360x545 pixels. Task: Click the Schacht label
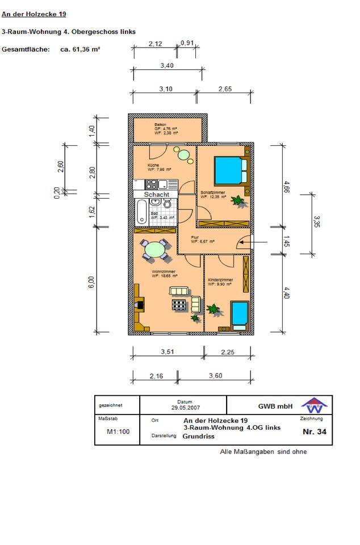(157, 194)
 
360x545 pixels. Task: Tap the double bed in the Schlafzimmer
(231, 169)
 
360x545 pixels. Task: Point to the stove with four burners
(151, 184)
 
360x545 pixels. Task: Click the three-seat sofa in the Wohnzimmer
(179, 291)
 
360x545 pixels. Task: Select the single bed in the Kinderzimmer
(238, 314)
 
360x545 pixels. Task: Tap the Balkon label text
(161, 124)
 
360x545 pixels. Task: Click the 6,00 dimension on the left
(91, 282)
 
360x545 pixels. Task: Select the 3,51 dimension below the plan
(167, 352)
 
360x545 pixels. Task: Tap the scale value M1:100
(118, 431)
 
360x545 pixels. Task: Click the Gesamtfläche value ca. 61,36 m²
(80, 49)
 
